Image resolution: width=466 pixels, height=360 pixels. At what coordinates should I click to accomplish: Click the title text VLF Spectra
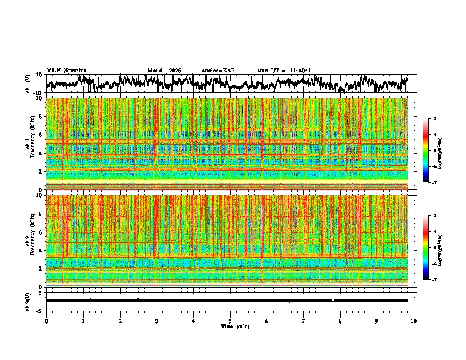(x=66, y=71)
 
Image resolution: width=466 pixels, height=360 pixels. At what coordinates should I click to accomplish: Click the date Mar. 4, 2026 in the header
(x=164, y=71)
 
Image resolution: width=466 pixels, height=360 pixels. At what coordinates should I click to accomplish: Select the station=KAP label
(x=218, y=71)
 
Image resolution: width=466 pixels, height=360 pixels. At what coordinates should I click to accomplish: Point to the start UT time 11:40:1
(x=284, y=71)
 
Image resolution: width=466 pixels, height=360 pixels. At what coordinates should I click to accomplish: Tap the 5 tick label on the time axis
(x=230, y=321)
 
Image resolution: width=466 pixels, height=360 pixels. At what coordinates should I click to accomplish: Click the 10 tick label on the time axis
(x=414, y=321)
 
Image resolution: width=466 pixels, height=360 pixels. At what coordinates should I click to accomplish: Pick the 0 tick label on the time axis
(x=46, y=321)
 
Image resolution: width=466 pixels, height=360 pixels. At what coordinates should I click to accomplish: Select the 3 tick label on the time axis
(x=157, y=321)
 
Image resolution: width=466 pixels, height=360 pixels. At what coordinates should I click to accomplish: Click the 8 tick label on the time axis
(x=340, y=321)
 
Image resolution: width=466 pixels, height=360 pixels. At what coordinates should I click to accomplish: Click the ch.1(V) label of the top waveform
(x=28, y=84)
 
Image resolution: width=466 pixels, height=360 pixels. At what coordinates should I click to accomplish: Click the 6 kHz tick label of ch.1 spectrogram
(x=40, y=135)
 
